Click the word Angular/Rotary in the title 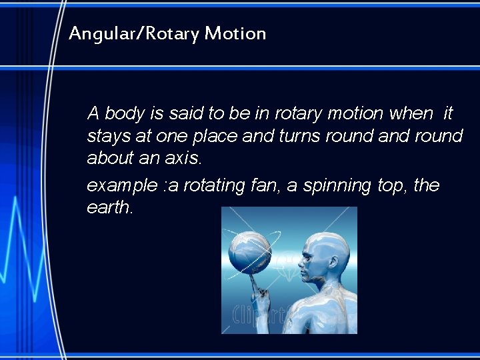click(133, 33)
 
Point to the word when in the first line click(413, 114)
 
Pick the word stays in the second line click(107, 136)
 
